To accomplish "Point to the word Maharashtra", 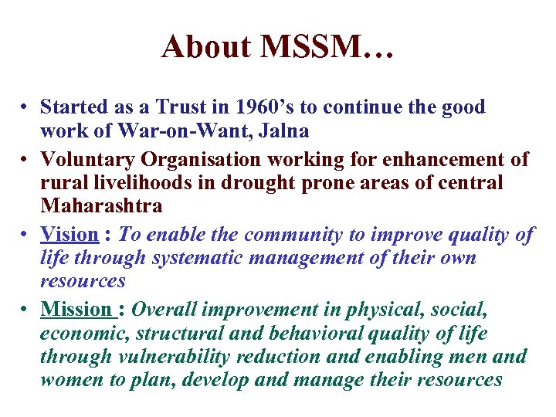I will pos(101,206).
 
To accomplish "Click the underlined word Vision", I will pos(69,235).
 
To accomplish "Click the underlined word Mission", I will pos(76,310).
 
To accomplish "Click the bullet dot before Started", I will pos(25,107).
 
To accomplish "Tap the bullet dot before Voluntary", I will pos(25,161).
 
